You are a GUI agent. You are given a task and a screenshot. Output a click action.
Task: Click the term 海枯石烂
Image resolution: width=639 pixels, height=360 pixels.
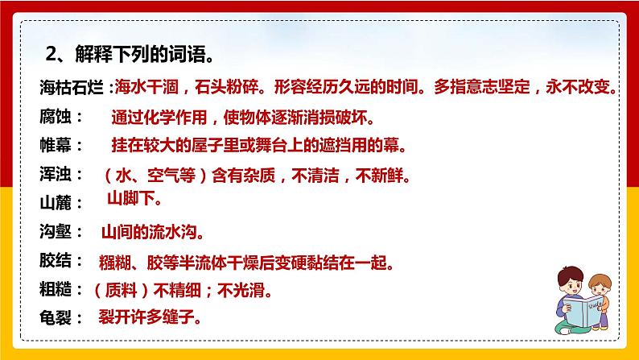[x=72, y=88]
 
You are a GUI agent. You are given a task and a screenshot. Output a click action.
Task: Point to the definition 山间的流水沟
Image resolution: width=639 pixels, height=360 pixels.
[x=152, y=232]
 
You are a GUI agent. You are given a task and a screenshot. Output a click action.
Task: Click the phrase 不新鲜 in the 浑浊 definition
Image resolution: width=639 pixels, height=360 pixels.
[x=383, y=174]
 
